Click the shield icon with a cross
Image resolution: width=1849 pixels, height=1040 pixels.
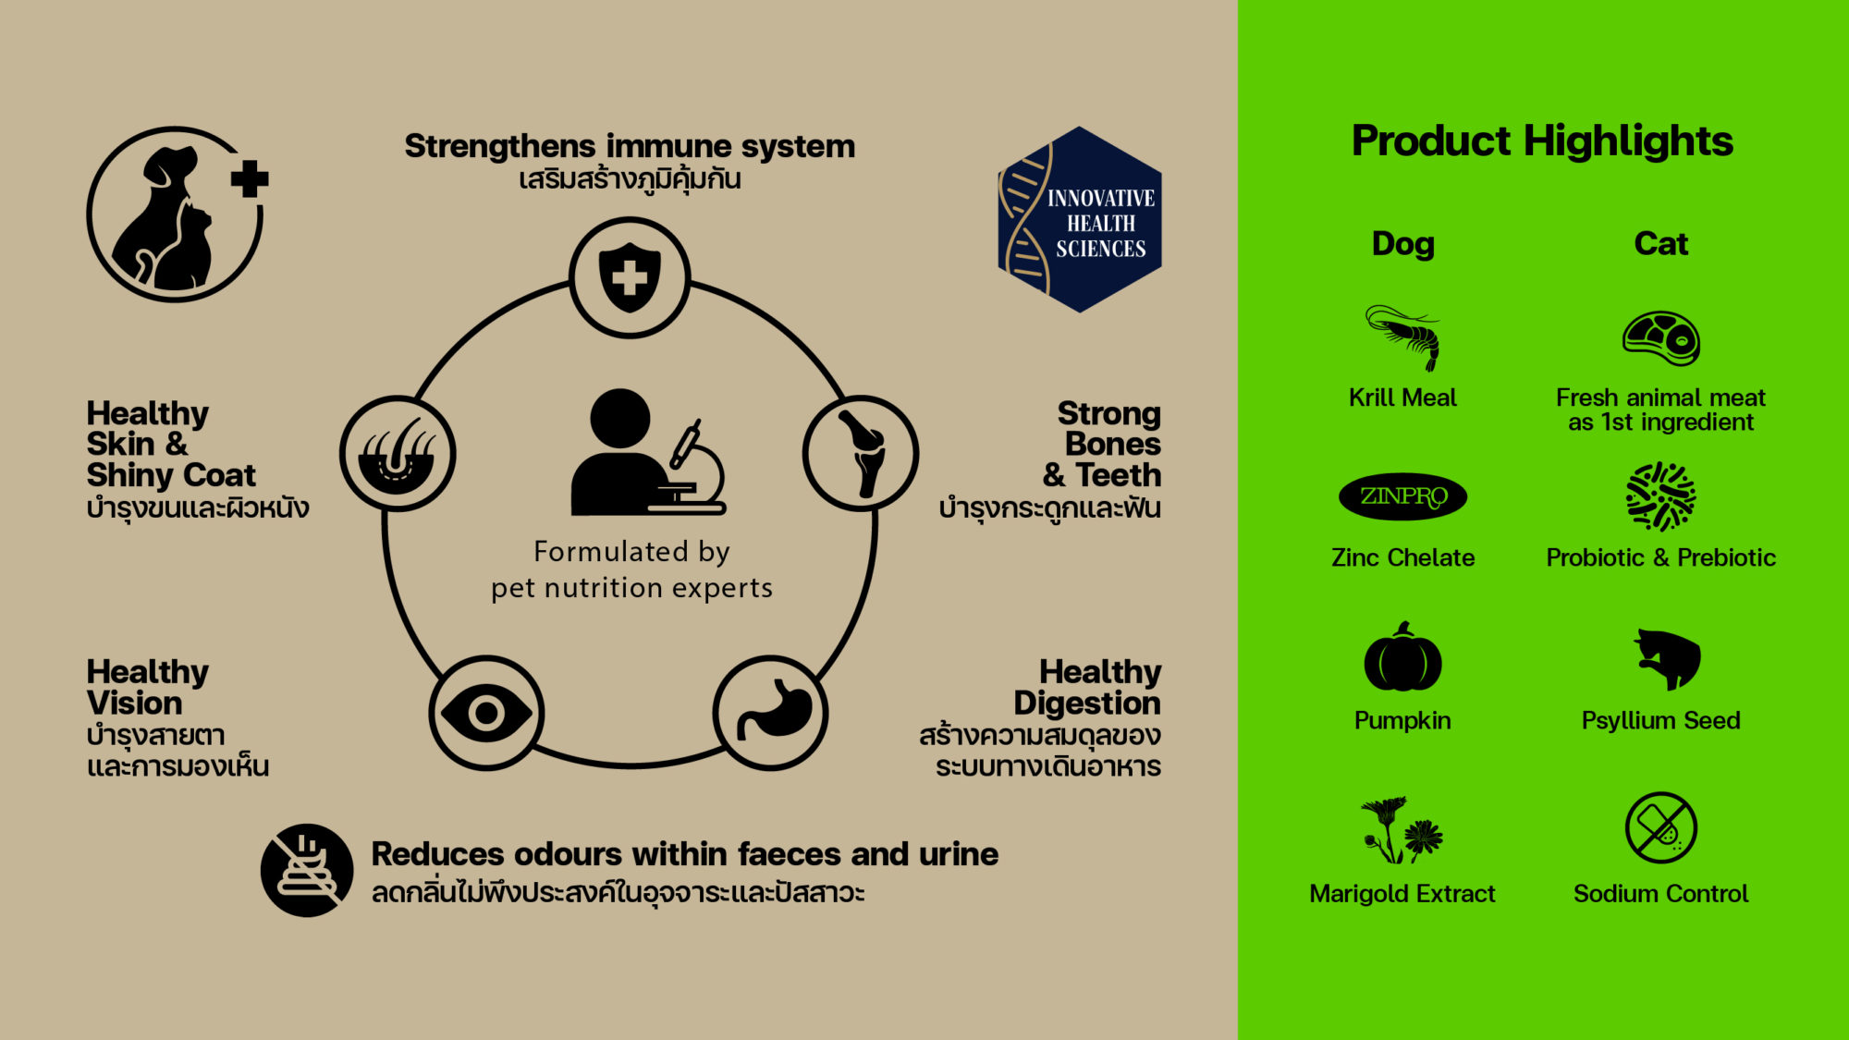630,276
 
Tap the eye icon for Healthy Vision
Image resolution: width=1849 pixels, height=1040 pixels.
486,713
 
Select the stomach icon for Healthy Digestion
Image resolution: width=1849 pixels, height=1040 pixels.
771,713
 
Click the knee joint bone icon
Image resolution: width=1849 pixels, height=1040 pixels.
861,453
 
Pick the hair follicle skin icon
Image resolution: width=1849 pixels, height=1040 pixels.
398,454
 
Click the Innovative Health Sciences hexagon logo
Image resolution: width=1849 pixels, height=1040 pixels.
1080,220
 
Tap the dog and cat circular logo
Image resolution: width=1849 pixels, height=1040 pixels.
176,214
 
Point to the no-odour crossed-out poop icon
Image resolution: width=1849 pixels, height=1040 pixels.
307,870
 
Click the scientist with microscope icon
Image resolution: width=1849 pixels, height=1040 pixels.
647,453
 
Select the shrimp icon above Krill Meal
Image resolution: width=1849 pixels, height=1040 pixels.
1403,336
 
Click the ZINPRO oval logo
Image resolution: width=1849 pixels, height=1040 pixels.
1402,496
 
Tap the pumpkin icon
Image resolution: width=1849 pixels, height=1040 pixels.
1402,658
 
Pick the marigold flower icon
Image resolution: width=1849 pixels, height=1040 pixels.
1402,830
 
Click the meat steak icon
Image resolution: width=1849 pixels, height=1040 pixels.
1661,338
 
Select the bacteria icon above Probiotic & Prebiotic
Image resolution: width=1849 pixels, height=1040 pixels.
1660,496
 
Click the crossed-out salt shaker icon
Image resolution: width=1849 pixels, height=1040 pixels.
1660,827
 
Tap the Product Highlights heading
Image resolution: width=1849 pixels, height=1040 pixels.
1542,141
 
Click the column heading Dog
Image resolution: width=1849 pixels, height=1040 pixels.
1403,244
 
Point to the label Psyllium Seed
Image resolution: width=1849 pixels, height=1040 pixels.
1660,720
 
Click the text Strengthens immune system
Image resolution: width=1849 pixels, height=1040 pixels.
630,146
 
